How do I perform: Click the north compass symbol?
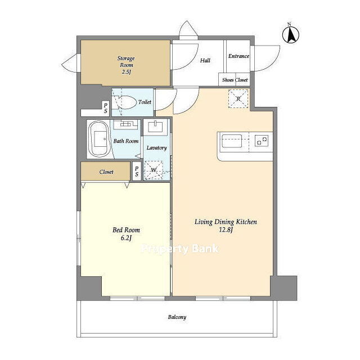(290, 34)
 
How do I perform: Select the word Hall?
(205, 60)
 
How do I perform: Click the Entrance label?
(238, 56)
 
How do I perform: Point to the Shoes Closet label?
(235, 80)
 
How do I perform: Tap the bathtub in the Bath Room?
(99, 139)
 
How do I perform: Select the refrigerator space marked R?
(238, 99)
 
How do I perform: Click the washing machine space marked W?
(154, 170)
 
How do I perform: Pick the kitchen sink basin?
(232, 141)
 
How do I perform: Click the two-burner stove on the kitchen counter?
(262, 141)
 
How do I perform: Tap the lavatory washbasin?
(155, 127)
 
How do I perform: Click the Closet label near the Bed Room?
(106, 172)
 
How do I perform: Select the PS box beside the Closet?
(137, 171)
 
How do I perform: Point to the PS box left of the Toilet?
(106, 108)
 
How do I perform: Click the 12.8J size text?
(226, 230)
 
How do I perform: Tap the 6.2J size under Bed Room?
(126, 238)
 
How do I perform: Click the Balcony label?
(177, 317)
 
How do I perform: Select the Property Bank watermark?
(180, 249)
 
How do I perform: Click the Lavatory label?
(156, 148)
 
